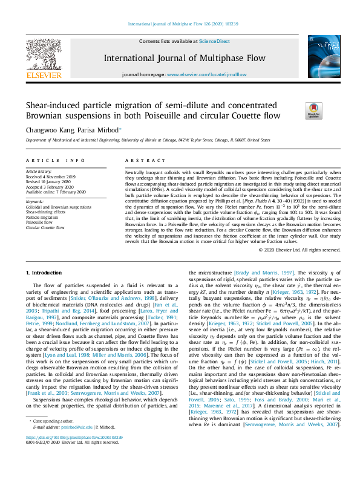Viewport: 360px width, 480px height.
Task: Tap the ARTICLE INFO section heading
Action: (55, 160)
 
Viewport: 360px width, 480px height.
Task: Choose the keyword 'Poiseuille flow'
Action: (39, 222)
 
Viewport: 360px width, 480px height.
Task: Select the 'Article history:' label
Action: (39, 171)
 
